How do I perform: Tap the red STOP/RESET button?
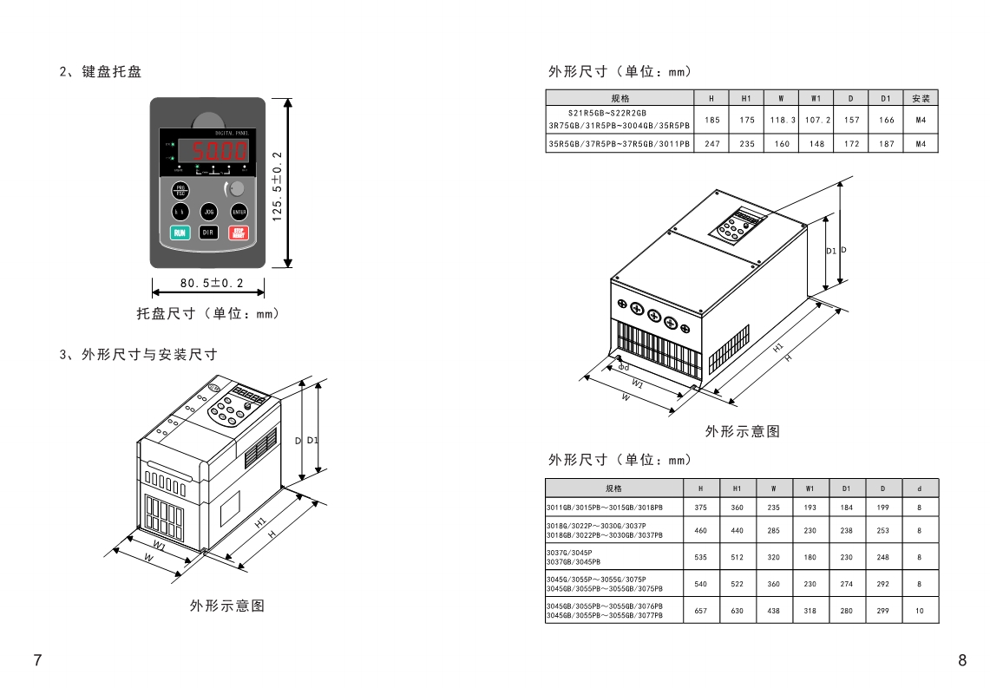click(x=239, y=232)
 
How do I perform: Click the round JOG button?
click(x=208, y=211)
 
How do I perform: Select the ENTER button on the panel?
click(x=238, y=211)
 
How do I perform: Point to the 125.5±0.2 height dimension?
click(x=277, y=185)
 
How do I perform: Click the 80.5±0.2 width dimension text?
click(x=212, y=283)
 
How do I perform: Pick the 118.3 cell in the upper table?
click(x=782, y=120)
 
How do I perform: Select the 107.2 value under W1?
click(x=816, y=120)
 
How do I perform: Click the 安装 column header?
click(x=921, y=98)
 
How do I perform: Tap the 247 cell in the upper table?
click(x=712, y=144)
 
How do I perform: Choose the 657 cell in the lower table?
click(x=701, y=611)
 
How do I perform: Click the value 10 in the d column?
click(x=920, y=611)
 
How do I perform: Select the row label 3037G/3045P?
click(x=570, y=552)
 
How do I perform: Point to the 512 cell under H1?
click(x=737, y=557)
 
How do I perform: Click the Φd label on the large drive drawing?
click(x=624, y=368)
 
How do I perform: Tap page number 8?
click(x=961, y=661)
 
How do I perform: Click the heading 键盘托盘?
click(x=112, y=72)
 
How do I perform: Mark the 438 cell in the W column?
click(x=773, y=611)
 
